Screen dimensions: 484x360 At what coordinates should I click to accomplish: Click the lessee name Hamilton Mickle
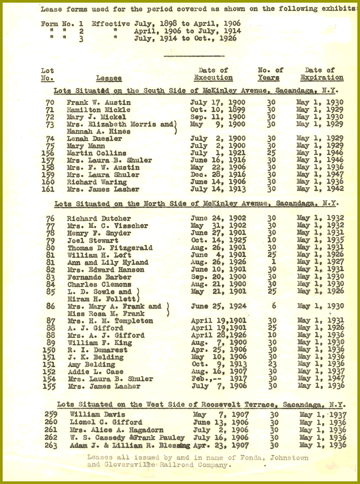98,110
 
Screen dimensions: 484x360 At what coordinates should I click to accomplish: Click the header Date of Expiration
322,74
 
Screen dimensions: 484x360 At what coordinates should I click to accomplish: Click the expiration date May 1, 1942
320,189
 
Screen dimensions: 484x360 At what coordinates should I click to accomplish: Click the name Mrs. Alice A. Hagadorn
116,430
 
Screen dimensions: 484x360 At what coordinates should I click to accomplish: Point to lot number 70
50,102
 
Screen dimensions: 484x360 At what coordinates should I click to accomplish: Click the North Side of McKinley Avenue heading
196,204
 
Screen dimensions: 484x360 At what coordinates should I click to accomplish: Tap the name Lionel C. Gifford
106,423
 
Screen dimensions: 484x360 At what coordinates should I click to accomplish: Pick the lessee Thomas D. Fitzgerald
110,248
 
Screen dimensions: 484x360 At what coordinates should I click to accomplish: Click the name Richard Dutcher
99,218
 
